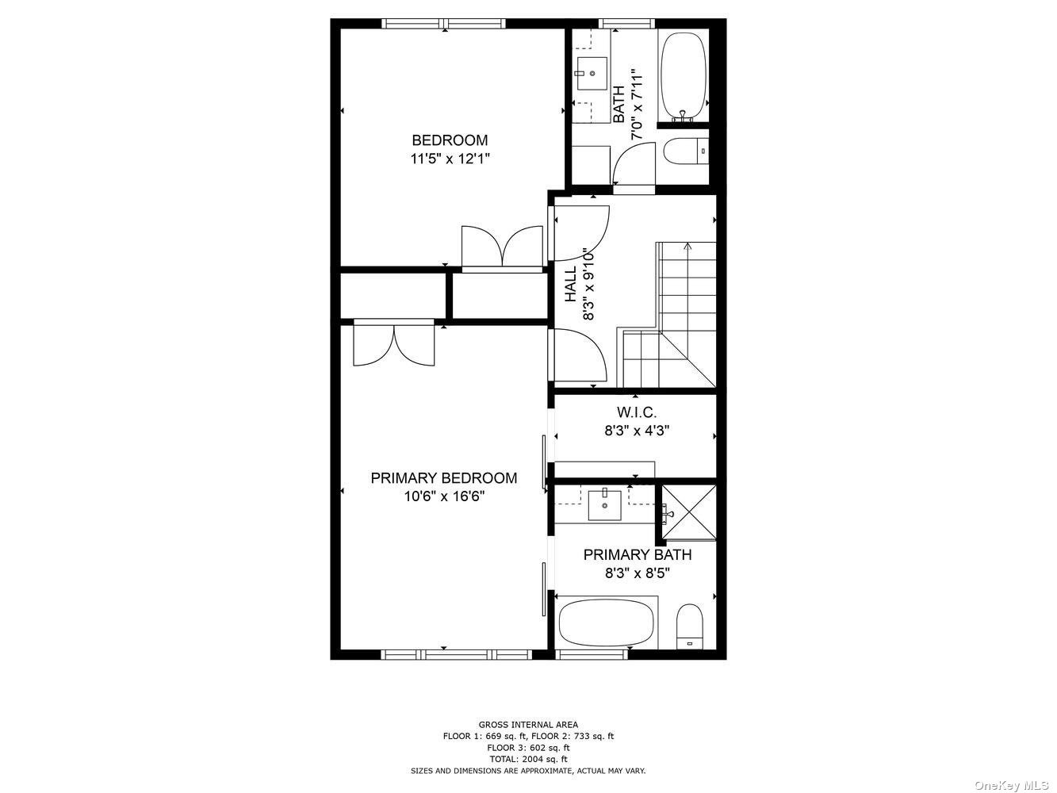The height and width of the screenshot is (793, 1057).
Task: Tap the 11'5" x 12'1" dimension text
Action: point(450,159)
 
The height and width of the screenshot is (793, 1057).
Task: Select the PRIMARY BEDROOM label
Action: point(443,478)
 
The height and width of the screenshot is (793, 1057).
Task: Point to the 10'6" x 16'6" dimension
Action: point(444,496)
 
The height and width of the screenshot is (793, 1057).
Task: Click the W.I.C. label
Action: point(637,412)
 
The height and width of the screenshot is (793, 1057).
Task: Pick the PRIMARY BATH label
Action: point(637,554)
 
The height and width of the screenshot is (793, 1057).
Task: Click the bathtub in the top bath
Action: point(684,77)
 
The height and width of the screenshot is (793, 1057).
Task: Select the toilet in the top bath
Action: point(686,151)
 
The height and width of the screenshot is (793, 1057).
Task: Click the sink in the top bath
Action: point(592,74)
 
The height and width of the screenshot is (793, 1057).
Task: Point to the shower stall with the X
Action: point(689,513)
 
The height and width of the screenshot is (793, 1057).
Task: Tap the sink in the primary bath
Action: point(605,504)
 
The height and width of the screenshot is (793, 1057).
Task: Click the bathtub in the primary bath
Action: point(607,623)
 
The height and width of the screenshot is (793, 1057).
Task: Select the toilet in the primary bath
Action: point(690,626)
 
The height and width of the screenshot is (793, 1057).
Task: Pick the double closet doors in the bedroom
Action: point(502,246)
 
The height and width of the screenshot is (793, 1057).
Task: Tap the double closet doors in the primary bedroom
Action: point(394,345)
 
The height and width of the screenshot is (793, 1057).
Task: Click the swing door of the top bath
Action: point(634,163)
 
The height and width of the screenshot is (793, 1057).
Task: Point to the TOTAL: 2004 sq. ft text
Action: point(528,759)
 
